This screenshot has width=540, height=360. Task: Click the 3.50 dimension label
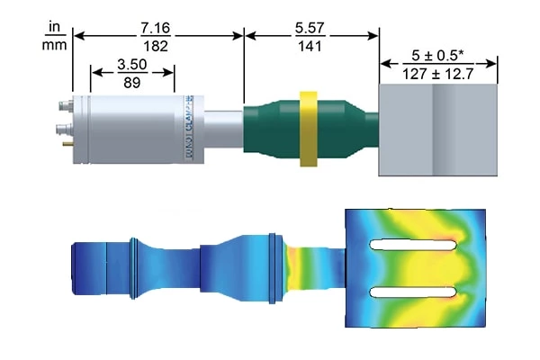click(132, 66)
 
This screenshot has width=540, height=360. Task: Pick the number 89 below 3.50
click(132, 87)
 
